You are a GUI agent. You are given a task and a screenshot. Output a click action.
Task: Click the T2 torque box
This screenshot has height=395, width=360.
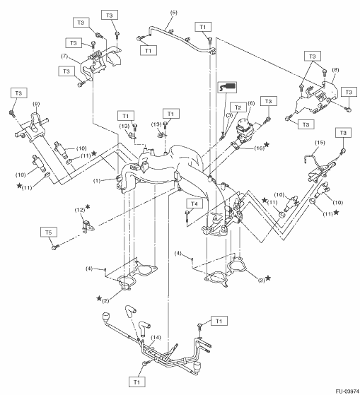point(238,107)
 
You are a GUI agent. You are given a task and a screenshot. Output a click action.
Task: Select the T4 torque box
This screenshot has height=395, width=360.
point(194,204)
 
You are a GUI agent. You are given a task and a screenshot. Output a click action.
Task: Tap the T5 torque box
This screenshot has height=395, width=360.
point(49,232)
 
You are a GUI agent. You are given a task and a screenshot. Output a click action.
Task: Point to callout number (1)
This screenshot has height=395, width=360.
point(97,181)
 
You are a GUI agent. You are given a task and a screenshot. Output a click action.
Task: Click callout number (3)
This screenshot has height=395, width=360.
point(229,115)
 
